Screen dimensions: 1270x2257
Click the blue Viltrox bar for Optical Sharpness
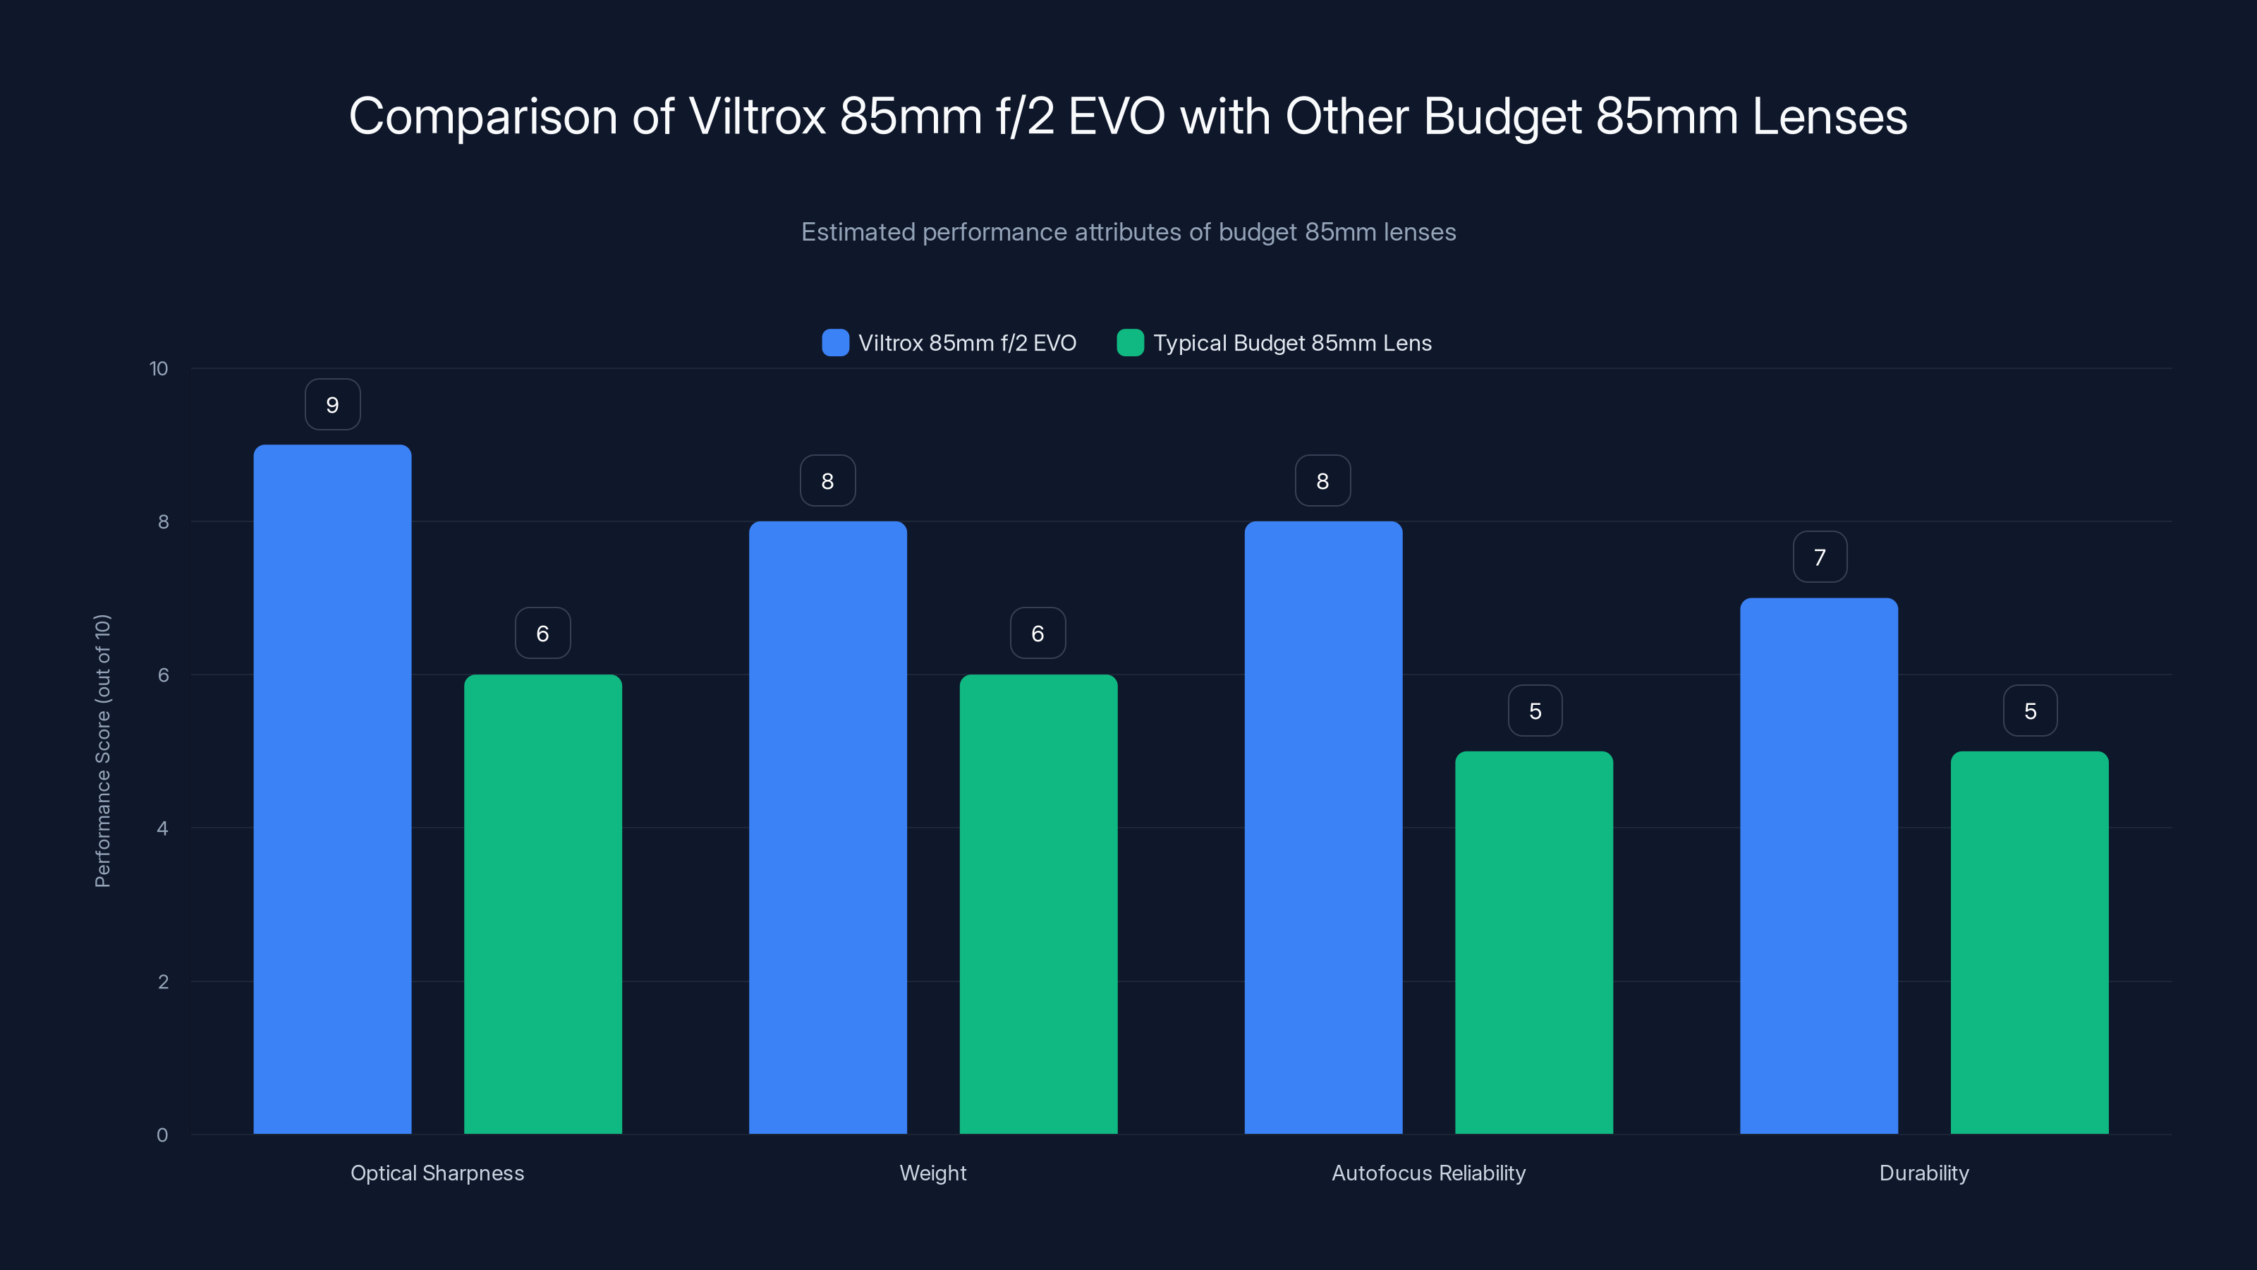coord(332,789)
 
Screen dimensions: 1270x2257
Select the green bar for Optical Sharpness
coord(542,904)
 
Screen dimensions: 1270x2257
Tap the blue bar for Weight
coord(827,828)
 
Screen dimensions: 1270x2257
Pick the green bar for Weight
coord(1038,904)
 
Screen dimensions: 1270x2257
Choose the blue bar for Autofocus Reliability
coord(1323,828)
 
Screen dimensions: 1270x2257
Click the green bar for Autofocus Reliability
coord(1533,942)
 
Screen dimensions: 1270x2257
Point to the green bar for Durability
coord(2029,942)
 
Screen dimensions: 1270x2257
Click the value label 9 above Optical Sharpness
coord(332,405)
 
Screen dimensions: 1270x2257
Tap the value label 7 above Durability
coord(1820,557)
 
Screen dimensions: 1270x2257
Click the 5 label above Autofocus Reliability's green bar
coord(1535,710)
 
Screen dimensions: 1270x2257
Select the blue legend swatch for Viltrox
coord(835,343)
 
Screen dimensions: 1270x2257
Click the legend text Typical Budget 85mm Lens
coord(1292,343)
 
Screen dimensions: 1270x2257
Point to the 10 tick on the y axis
coord(159,368)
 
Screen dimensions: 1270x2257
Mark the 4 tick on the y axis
coord(162,828)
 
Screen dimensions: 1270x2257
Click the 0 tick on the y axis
coord(162,1135)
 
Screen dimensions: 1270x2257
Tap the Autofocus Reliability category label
coord(1428,1173)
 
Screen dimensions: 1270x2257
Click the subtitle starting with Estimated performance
coord(1128,232)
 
